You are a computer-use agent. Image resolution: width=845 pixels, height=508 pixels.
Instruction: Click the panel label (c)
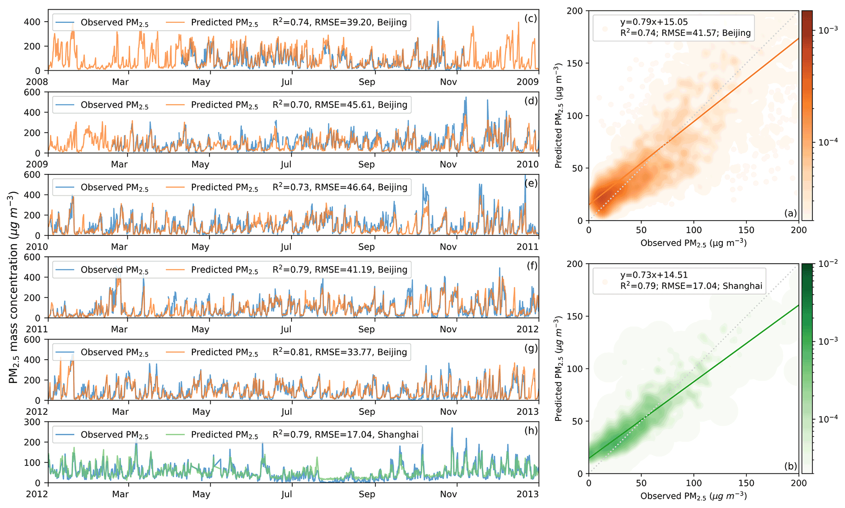click(530, 19)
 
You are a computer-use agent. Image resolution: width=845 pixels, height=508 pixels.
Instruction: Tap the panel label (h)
click(531, 431)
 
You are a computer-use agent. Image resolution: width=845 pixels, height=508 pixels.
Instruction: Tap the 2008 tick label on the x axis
click(37, 82)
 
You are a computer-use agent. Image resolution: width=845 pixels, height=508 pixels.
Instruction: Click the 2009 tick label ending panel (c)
click(527, 82)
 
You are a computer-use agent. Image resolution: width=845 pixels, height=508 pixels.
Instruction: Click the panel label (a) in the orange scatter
click(790, 213)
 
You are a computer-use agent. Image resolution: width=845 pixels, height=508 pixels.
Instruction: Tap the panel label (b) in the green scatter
click(790, 466)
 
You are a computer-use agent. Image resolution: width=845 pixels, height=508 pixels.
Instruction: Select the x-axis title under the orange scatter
click(693, 244)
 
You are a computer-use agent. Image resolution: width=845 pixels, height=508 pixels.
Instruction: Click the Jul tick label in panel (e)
click(286, 247)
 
